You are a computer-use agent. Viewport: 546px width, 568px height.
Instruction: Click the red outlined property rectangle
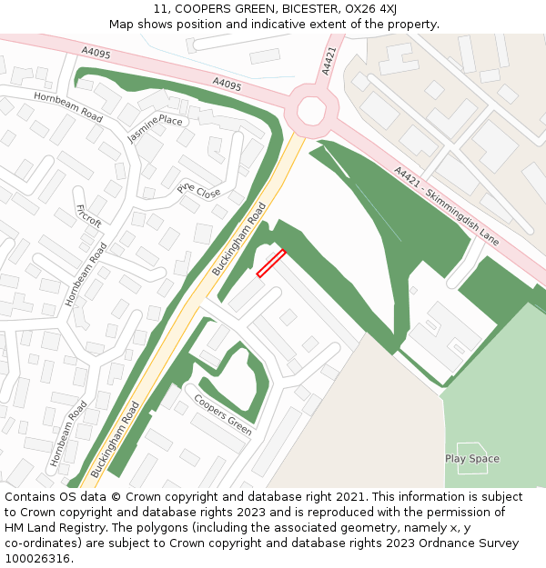pyautogui.click(x=271, y=263)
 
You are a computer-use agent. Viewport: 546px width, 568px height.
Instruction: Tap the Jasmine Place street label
pyautogui.click(x=155, y=128)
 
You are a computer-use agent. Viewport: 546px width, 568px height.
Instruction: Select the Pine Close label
pyautogui.click(x=198, y=191)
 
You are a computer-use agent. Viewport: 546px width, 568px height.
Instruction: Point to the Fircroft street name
pyautogui.click(x=89, y=215)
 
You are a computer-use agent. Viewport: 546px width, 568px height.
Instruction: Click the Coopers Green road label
pyautogui.click(x=223, y=414)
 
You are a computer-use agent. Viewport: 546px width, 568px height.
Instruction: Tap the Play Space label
pyautogui.click(x=471, y=459)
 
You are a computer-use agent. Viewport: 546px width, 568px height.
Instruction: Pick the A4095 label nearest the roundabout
pyautogui.click(x=227, y=85)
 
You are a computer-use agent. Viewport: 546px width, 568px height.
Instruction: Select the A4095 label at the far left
pyautogui.click(x=96, y=54)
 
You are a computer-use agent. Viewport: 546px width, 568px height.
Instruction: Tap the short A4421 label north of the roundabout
pyautogui.click(x=329, y=62)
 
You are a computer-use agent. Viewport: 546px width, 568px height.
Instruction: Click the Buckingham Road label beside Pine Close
pyautogui.click(x=238, y=240)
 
